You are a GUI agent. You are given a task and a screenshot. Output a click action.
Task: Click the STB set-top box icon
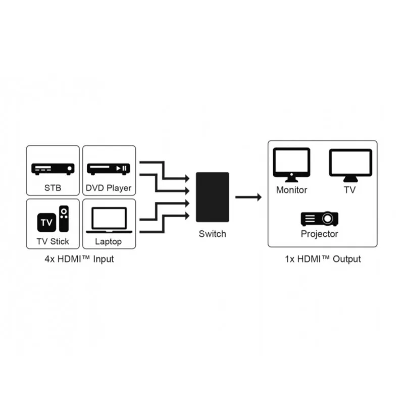click(53, 169)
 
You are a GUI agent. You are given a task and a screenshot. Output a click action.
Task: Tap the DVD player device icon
click(109, 169)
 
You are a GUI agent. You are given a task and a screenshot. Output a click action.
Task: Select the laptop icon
click(109, 220)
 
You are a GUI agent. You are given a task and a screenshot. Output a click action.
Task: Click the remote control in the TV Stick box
click(64, 219)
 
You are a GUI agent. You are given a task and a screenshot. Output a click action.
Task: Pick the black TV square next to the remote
click(46, 222)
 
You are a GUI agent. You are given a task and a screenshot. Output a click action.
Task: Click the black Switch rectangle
click(212, 197)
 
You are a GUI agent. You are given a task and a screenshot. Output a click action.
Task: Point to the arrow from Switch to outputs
click(248, 197)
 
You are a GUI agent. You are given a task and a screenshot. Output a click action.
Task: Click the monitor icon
click(291, 165)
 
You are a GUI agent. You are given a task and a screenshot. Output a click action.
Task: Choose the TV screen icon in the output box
click(350, 166)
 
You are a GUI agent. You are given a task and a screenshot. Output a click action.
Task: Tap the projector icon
click(320, 219)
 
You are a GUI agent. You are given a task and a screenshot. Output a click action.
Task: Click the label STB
click(53, 188)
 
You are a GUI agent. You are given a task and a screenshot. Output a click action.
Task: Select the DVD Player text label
click(109, 188)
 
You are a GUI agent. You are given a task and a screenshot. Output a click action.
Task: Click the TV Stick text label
click(53, 241)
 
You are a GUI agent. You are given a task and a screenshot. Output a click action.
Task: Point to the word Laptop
click(109, 242)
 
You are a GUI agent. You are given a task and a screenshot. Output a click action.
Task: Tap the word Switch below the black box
click(212, 234)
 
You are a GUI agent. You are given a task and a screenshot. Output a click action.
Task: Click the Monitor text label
click(292, 190)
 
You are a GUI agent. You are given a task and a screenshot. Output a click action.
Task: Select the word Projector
click(320, 234)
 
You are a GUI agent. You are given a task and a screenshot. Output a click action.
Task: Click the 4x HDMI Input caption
click(79, 259)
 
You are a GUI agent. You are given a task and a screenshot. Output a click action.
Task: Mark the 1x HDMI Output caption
click(323, 259)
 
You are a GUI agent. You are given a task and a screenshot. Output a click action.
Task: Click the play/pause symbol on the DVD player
click(121, 169)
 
